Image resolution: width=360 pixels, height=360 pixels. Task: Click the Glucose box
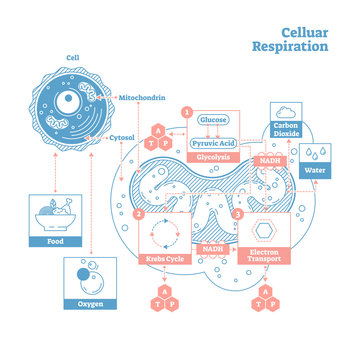coord(212,120)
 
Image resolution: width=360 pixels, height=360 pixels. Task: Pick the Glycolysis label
coord(212,158)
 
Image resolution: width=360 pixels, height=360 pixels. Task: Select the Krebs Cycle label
coord(162,259)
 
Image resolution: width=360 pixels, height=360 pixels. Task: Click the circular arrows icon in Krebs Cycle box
coord(162,234)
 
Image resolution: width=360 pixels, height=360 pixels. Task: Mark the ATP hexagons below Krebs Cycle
coord(162,300)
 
